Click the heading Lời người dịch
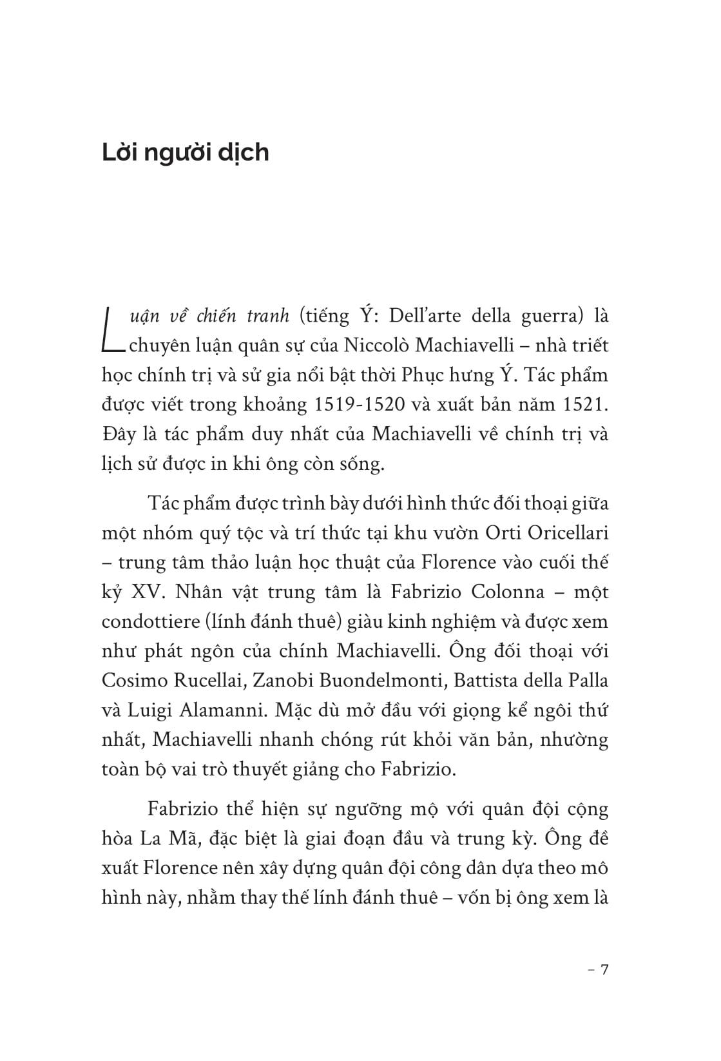186,153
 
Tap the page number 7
604,971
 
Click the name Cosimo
135,681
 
